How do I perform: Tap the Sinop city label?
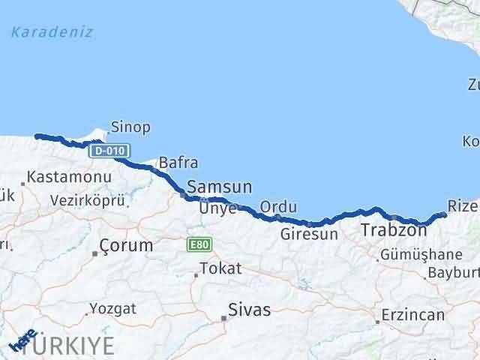click(x=130, y=127)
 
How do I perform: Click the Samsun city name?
click(x=219, y=187)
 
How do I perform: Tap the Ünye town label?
click(x=217, y=208)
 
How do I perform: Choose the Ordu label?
click(x=278, y=207)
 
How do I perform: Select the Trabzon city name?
click(x=394, y=229)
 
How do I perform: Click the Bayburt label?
click(x=454, y=271)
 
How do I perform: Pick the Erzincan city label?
click(x=412, y=314)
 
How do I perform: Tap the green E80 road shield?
click(x=200, y=244)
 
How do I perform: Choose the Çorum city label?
click(x=127, y=245)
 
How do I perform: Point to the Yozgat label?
click(x=112, y=308)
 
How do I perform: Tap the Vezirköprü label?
click(x=83, y=200)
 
